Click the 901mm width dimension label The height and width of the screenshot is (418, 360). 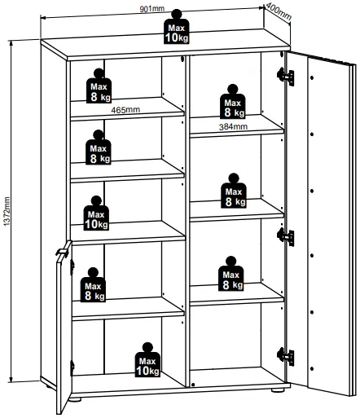(x=152, y=9)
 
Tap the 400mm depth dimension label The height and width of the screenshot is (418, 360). (x=279, y=11)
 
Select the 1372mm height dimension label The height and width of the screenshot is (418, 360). (x=7, y=211)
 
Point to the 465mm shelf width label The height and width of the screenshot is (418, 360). (x=125, y=110)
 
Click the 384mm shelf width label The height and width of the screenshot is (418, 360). (x=233, y=126)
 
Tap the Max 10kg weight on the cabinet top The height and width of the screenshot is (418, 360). (x=177, y=27)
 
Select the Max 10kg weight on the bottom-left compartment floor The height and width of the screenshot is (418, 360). (x=147, y=359)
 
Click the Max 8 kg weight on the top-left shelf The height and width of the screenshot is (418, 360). (x=99, y=86)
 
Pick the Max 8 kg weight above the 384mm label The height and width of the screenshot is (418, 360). (x=233, y=102)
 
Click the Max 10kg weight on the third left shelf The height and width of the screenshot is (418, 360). (x=96, y=213)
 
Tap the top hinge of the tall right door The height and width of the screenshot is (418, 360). (x=286, y=77)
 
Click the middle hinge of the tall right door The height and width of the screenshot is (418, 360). (x=286, y=237)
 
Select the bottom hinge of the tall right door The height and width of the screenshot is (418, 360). (x=286, y=356)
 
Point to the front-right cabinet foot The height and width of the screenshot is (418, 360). (x=278, y=390)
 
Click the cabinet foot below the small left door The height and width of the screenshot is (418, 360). (x=75, y=399)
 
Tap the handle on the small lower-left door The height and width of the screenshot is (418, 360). (x=63, y=252)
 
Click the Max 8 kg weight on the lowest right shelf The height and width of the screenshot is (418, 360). (x=231, y=274)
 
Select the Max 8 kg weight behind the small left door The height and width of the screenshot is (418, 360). (x=93, y=285)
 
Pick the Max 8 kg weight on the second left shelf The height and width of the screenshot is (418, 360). (x=99, y=147)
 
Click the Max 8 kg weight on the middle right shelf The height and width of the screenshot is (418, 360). (x=234, y=191)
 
